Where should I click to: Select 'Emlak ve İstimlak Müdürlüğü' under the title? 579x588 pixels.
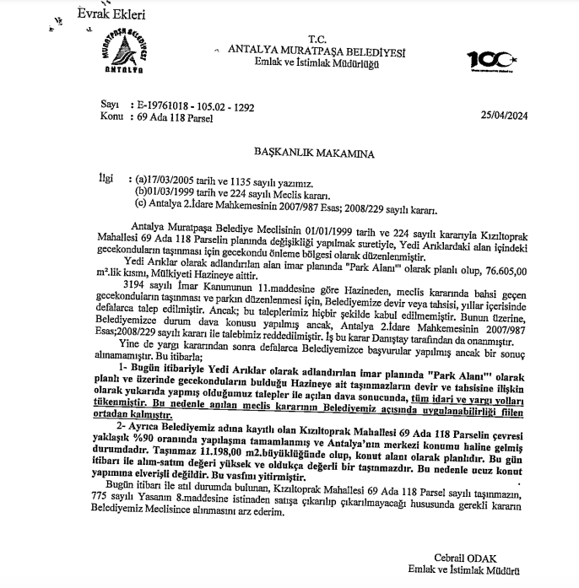317,62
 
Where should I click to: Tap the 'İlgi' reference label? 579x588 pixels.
104,179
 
